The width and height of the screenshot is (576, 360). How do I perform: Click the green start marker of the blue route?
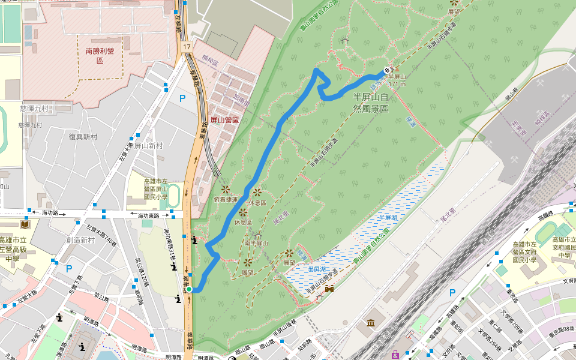[189, 289]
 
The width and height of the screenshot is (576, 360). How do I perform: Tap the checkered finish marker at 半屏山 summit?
[387, 70]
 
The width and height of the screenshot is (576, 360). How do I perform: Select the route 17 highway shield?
[187, 47]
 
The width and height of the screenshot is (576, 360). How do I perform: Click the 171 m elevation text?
[397, 84]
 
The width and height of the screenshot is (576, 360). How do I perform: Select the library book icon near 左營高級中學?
[25, 225]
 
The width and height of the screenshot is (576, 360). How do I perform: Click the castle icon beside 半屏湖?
[329, 289]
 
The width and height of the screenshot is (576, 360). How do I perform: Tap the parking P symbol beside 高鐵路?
[452, 293]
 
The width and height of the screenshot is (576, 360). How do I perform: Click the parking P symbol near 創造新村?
[69, 269]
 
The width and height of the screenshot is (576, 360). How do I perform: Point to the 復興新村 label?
[83, 137]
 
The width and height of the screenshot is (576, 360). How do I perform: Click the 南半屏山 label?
[256, 243]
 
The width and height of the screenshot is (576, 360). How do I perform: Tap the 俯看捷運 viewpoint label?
[226, 199]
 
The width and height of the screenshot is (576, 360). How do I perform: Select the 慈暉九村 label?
[34, 109]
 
